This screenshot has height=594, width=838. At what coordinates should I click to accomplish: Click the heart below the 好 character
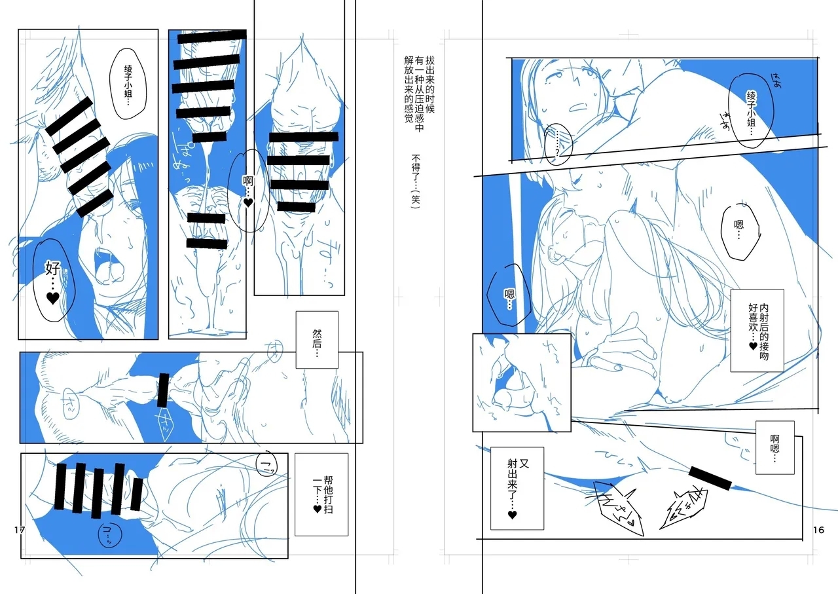click(x=53, y=298)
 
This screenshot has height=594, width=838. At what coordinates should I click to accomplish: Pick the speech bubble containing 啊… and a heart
click(x=247, y=190)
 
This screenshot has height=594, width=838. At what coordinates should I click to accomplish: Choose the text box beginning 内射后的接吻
click(x=757, y=330)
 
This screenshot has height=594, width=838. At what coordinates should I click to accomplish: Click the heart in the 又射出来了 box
click(x=512, y=515)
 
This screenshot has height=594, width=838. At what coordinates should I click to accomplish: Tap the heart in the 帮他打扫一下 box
click(x=316, y=508)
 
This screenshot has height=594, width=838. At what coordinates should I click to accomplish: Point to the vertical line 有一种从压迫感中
click(x=419, y=88)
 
